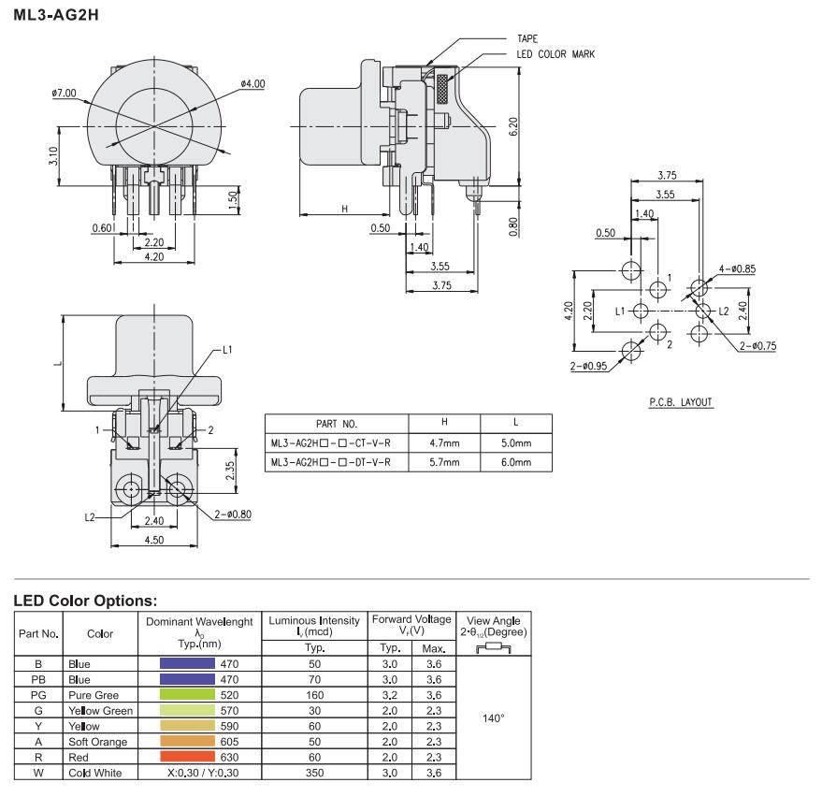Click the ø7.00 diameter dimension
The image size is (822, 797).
(x=65, y=94)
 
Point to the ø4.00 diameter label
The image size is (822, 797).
(x=252, y=84)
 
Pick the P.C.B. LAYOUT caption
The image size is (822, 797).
(x=681, y=402)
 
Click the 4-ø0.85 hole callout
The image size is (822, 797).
(x=736, y=268)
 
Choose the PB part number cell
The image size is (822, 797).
(x=38, y=680)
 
